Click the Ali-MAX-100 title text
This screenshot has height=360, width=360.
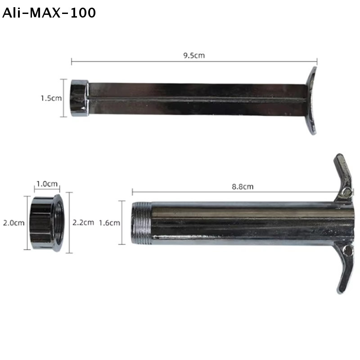[49, 13]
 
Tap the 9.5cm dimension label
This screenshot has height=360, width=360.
[194, 55]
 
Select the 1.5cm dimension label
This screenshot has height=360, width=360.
[51, 98]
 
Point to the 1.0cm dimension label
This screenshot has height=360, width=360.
[47, 184]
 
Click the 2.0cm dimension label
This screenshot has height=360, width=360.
[14, 223]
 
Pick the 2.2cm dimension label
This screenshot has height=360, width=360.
[83, 222]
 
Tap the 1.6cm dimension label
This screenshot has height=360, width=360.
[109, 223]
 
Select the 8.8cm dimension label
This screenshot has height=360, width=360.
[243, 187]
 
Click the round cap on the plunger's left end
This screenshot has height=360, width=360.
[80, 98]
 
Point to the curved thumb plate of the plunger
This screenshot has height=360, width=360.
[312, 100]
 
